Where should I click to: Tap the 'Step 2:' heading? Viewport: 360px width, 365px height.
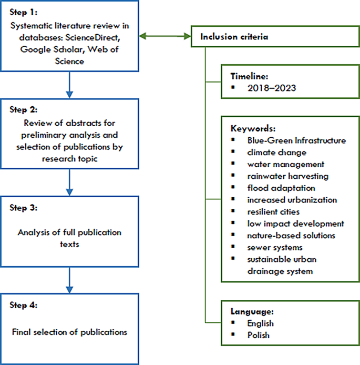click(x=24, y=110)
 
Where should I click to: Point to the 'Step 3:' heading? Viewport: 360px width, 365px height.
click(x=24, y=207)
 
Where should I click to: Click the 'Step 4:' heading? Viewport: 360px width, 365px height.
click(x=24, y=305)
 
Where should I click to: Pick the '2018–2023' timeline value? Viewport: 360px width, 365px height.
click(x=271, y=88)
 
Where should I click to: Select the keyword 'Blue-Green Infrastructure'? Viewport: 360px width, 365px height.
click(x=296, y=140)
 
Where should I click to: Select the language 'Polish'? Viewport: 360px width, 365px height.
click(x=259, y=335)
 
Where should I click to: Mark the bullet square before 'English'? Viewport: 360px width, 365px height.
click(x=234, y=323)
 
